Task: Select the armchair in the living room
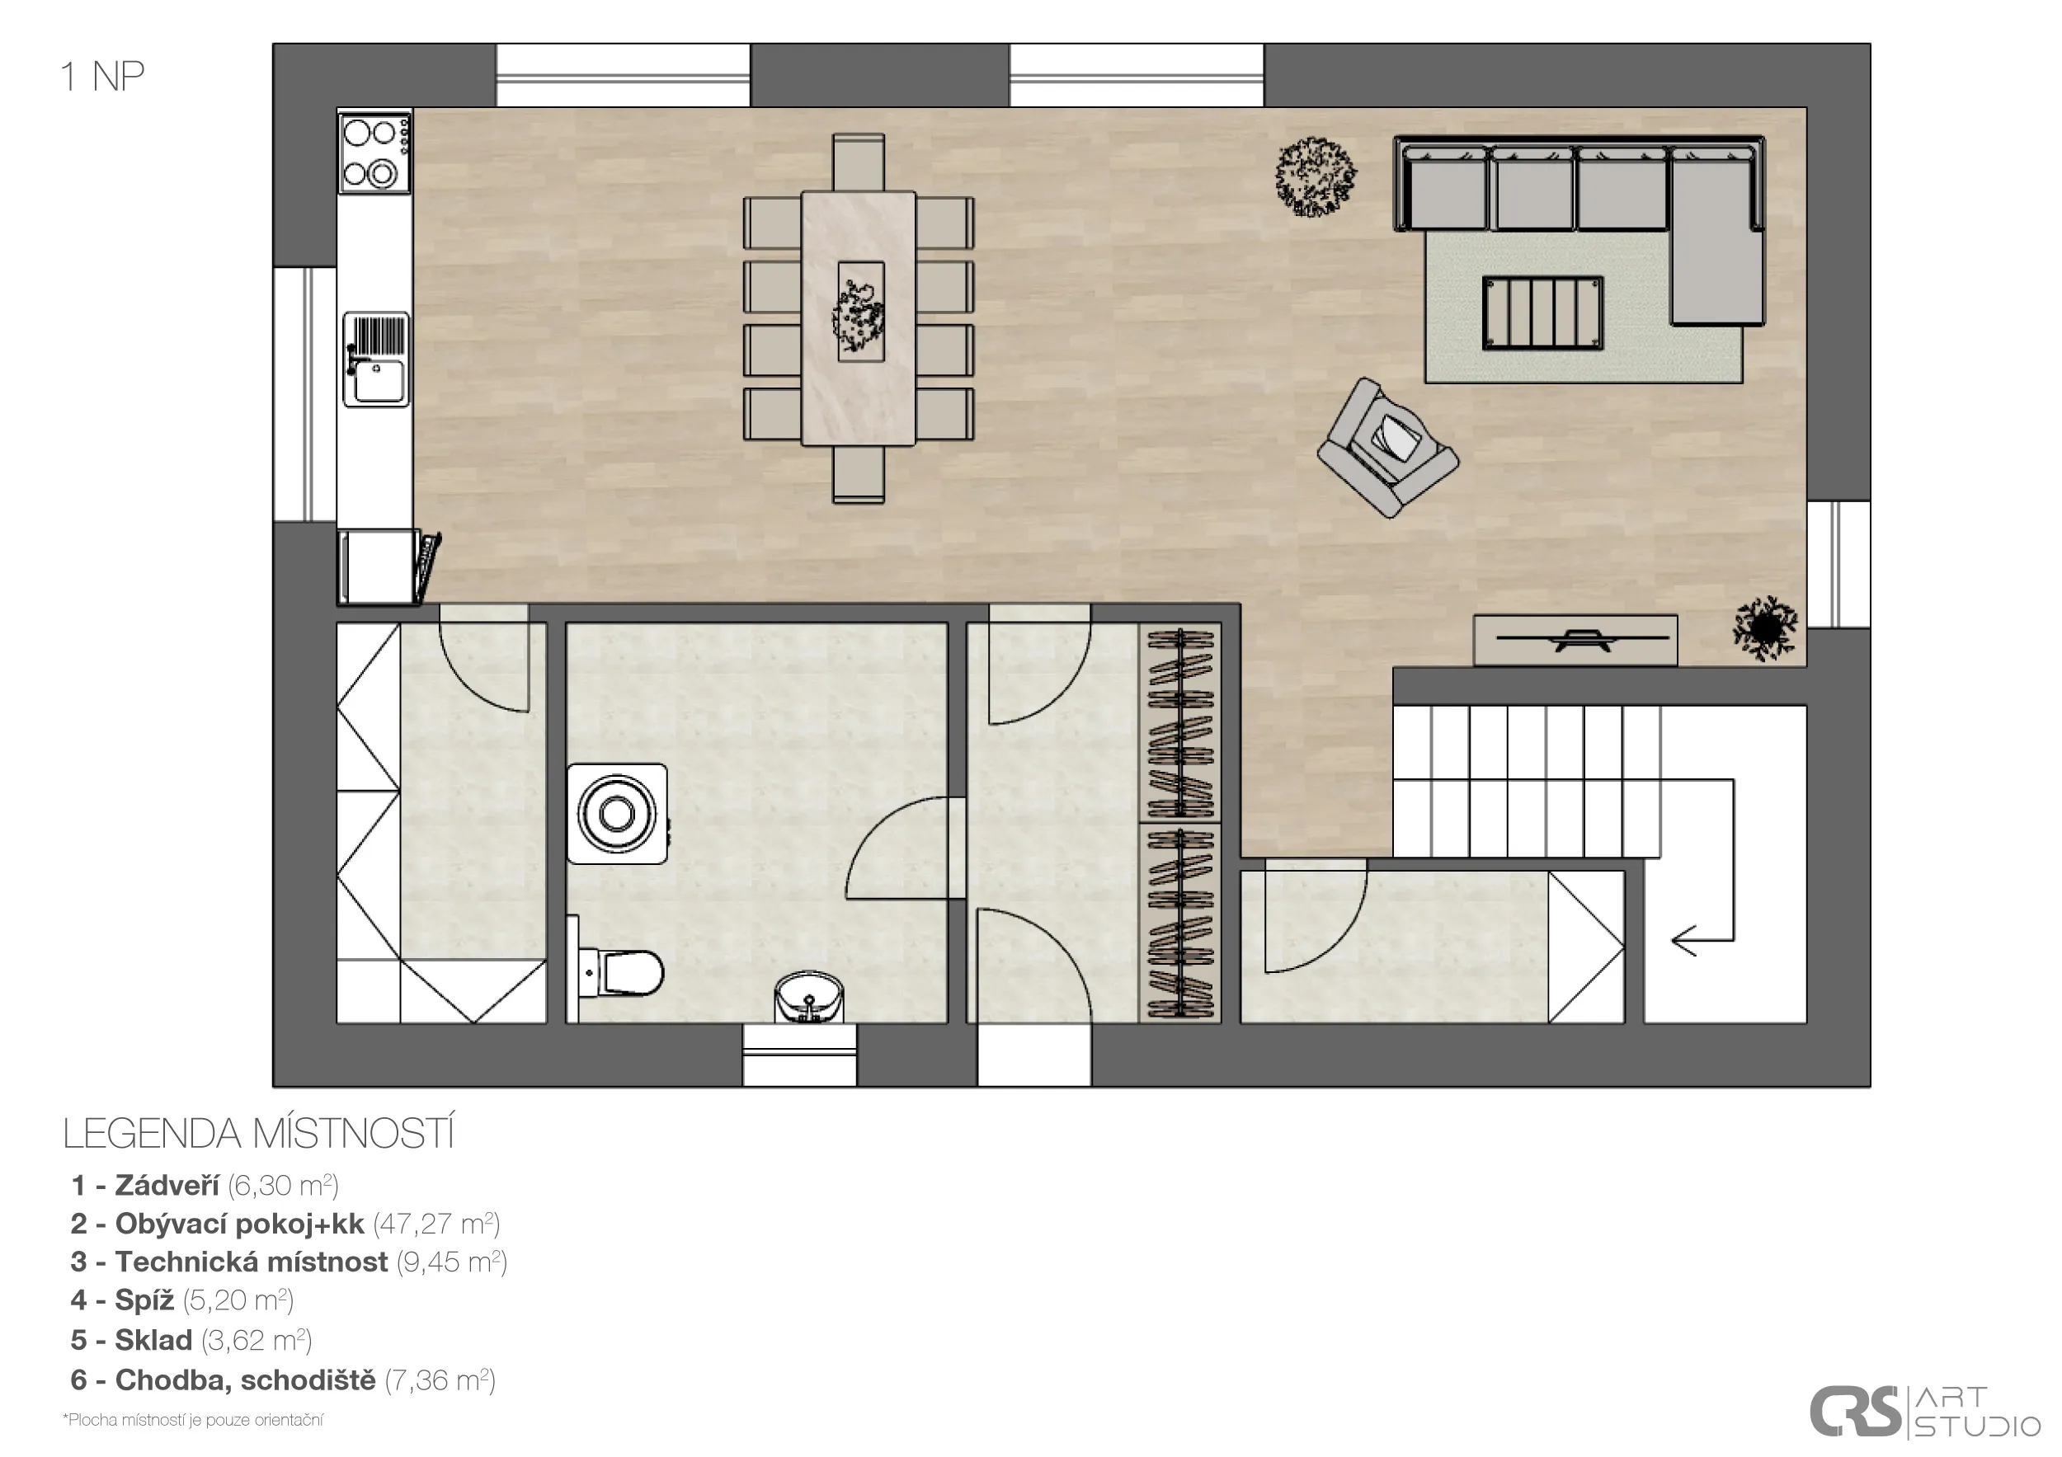(1387, 447)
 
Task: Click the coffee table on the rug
(1542, 313)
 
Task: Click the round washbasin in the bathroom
(810, 996)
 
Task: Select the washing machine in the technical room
(617, 813)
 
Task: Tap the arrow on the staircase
(1702, 941)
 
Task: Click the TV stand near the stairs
(1575, 640)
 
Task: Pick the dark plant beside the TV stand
(1766, 627)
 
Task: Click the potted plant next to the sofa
(1316, 176)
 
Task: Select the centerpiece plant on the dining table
(859, 313)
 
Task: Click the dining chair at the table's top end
(859, 162)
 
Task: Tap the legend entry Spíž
(182, 1300)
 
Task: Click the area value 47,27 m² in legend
(436, 1224)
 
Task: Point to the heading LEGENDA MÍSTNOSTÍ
(259, 1134)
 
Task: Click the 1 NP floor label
(102, 78)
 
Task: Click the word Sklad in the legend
(153, 1340)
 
